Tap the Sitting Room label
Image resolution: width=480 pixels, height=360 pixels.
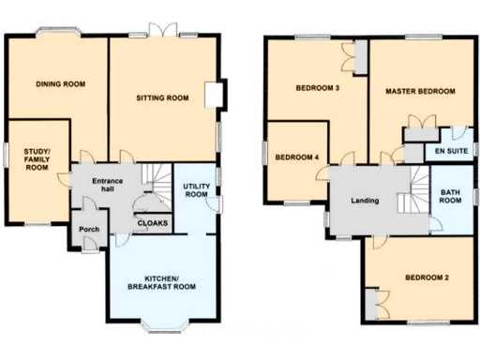(162, 97)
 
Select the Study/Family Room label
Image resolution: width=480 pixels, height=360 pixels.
(37, 159)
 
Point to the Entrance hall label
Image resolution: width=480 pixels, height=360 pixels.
(96, 185)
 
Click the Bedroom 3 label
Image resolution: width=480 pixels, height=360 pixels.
(317, 89)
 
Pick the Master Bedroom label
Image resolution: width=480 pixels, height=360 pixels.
(420, 91)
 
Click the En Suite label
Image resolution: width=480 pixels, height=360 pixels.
(446, 150)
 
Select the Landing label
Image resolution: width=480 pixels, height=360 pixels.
(364, 202)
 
